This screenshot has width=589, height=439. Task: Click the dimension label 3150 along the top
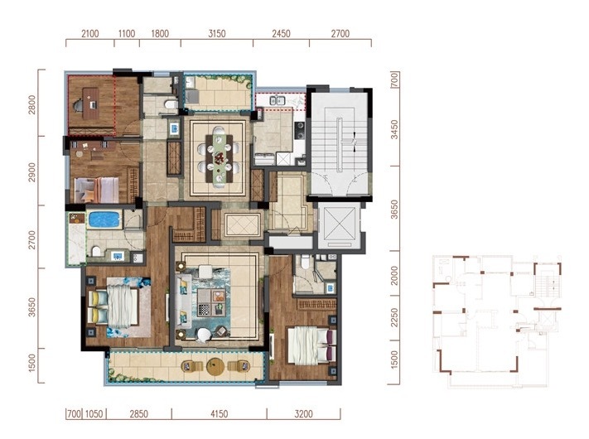click(x=217, y=33)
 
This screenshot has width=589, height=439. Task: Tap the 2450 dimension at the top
click(x=281, y=33)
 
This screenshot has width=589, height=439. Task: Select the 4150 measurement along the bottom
click(x=219, y=414)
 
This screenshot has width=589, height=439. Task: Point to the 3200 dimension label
click(x=303, y=414)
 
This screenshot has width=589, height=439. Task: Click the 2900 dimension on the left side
click(x=32, y=172)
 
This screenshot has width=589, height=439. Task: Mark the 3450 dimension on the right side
click(x=394, y=129)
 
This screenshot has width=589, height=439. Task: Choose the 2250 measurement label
click(x=394, y=318)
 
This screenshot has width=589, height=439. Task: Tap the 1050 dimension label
click(x=94, y=414)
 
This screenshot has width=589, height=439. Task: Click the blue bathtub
click(x=104, y=220)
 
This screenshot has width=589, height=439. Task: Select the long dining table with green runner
click(x=220, y=157)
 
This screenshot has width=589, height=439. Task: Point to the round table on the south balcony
click(x=215, y=366)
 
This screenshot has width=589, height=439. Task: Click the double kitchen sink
click(x=278, y=101)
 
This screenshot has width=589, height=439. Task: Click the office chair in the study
click(x=79, y=104)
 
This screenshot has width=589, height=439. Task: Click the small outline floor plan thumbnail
click(x=497, y=321)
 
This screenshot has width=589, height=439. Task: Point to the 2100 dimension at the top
click(x=90, y=33)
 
